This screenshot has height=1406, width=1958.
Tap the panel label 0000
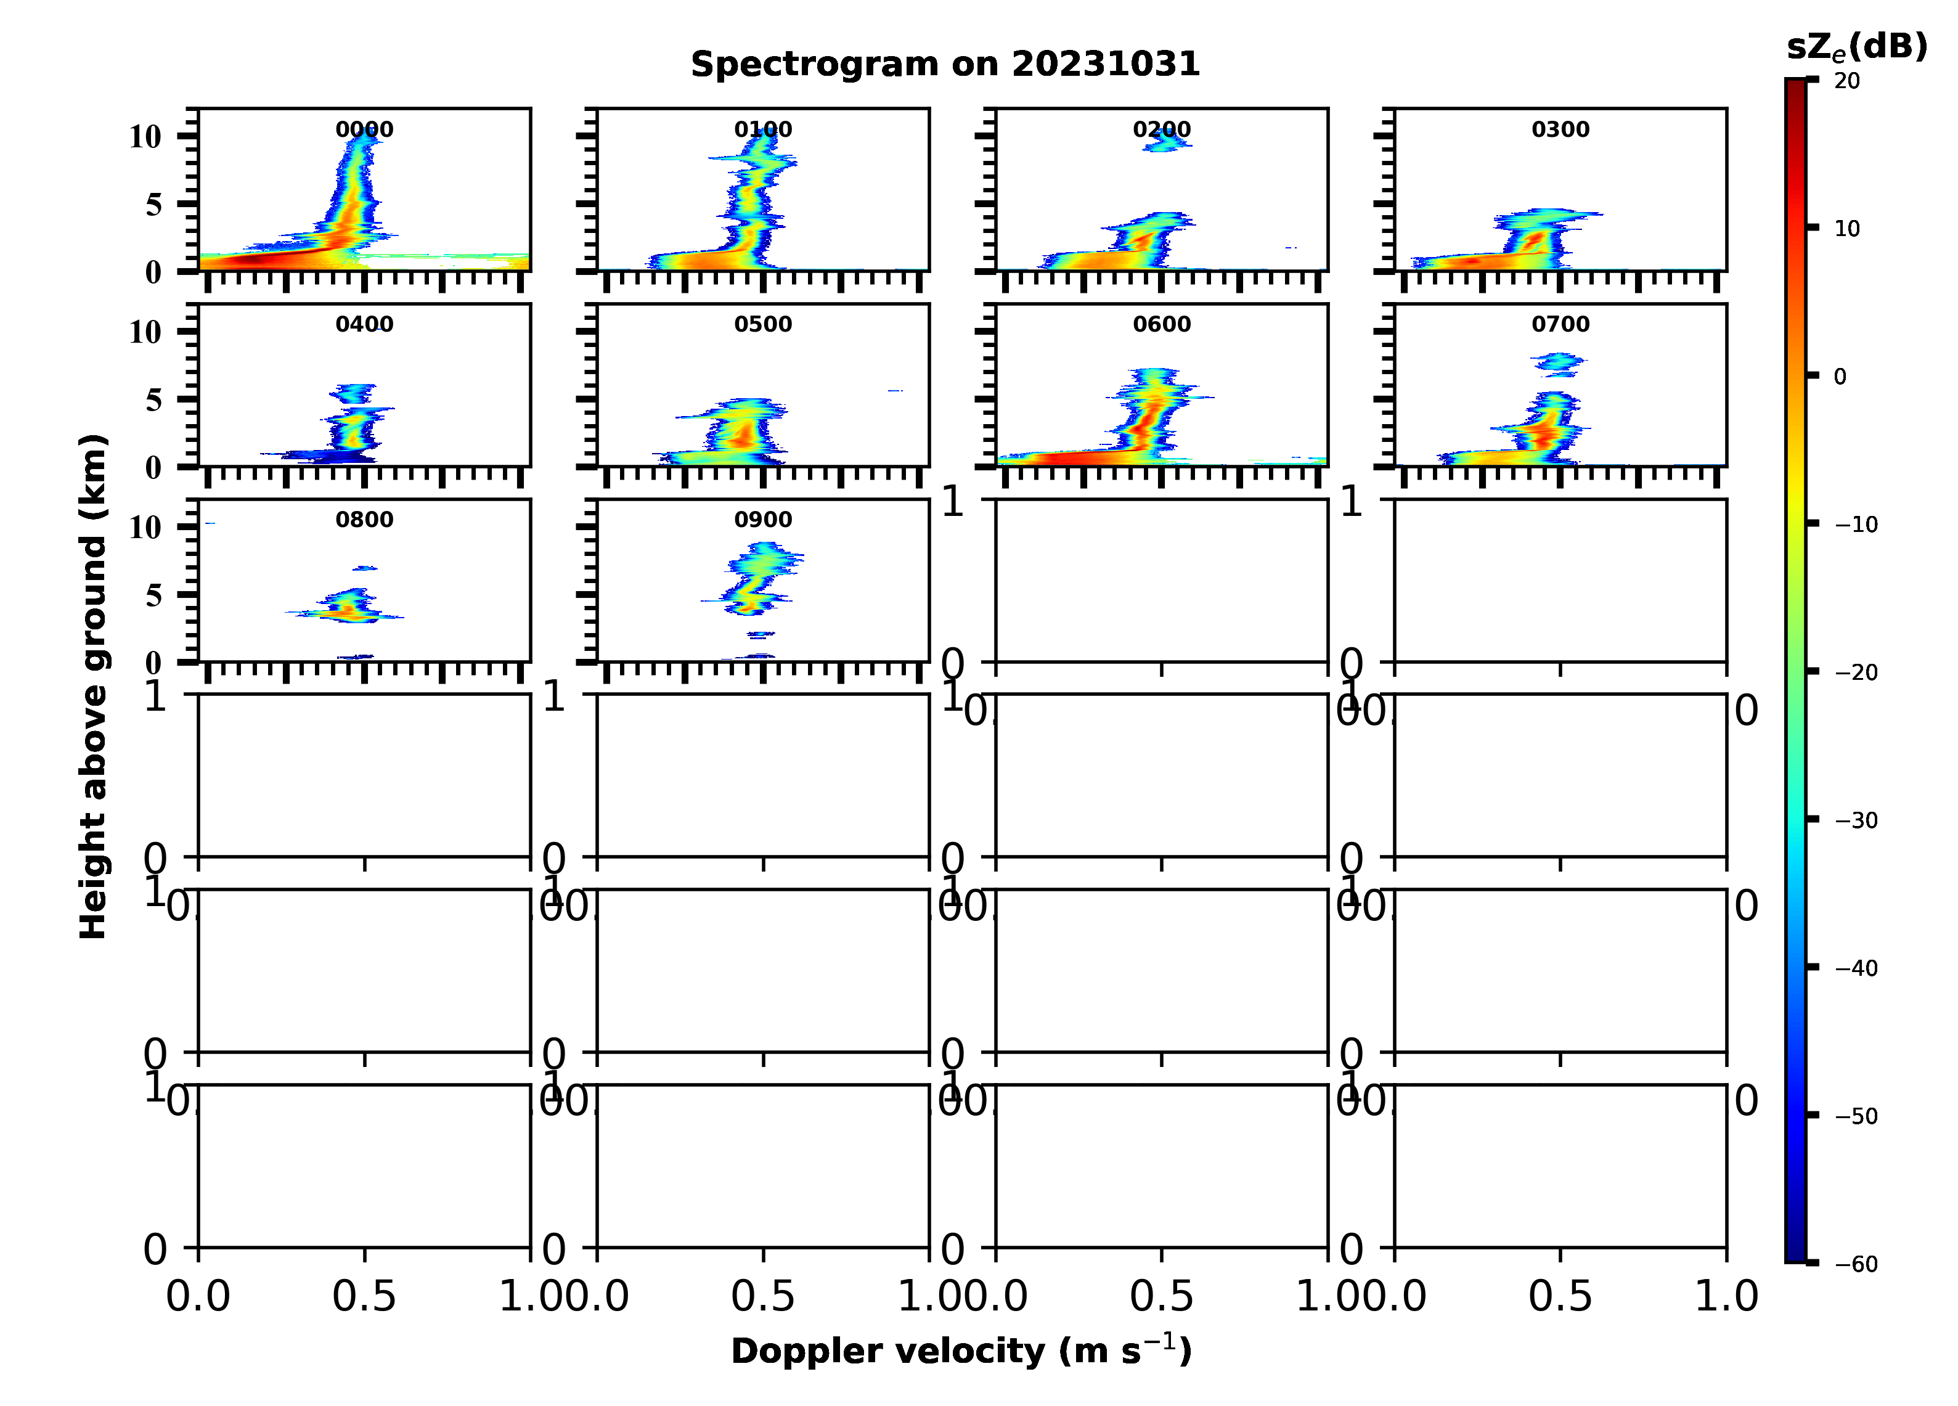click(x=364, y=129)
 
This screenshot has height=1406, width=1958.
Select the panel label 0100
click(x=763, y=129)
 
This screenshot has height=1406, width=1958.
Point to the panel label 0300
click(x=1560, y=129)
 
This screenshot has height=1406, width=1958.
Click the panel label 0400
click(x=364, y=325)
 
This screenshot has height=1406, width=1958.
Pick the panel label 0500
click(x=763, y=325)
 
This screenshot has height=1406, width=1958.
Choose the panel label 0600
click(x=1161, y=325)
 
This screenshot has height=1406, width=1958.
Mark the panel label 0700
click(x=1560, y=325)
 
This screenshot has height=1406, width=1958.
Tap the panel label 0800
click(x=364, y=520)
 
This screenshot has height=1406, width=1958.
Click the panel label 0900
click(x=763, y=520)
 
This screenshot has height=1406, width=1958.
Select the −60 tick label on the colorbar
click(x=1856, y=1264)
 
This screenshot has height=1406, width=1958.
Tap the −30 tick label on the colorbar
click(x=1856, y=820)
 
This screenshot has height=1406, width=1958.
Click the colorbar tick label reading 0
click(x=1840, y=377)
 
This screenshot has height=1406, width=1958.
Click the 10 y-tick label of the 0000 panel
click(x=145, y=136)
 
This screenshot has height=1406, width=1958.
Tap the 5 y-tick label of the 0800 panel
click(x=153, y=595)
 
